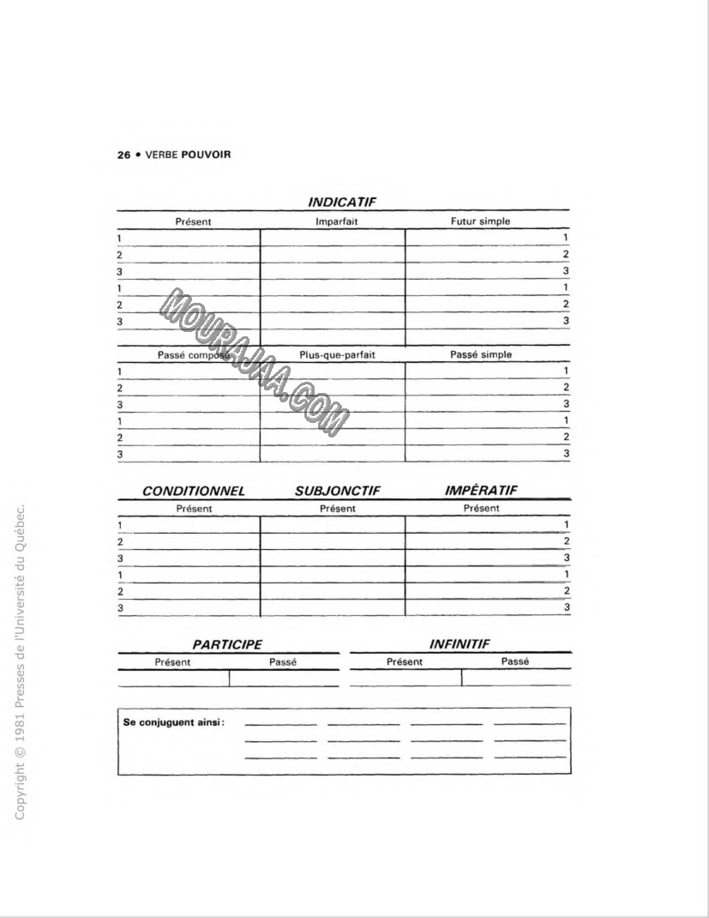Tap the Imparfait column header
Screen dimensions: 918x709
click(336, 221)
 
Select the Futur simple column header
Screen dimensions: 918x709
click(480, 221)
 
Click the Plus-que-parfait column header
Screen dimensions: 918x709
click(338, 353)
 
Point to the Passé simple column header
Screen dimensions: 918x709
click(481, 353)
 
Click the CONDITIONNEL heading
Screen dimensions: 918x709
click(194, 492)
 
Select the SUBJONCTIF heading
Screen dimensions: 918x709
click(337, 492)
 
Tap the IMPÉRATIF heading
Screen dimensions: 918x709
click(481, 491)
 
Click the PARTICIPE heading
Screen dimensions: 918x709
click(227, 643)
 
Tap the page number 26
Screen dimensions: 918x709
click(123, 155)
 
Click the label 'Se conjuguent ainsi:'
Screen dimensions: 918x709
click(174, 722)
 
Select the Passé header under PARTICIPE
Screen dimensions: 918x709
click(282, 661)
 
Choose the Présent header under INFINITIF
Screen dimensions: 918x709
click(404, 661)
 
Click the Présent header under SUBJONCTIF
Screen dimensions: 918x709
click(337, 508)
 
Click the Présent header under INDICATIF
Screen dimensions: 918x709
click(193, 221)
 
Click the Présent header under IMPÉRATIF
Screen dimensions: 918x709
click(481, 508)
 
